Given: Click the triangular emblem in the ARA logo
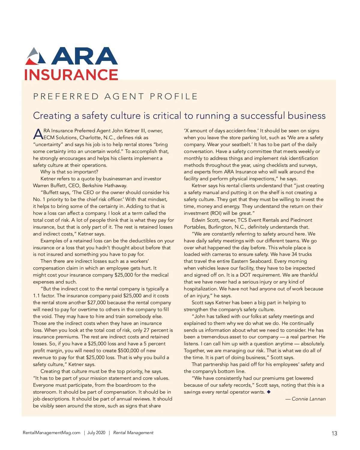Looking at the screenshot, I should point(36,56).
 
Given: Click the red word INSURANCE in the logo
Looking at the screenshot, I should point(71,75).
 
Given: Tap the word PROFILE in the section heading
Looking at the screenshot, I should point(174,96).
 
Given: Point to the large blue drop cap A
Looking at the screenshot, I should point(38,134).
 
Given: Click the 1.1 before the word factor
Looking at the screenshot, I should point(37,295).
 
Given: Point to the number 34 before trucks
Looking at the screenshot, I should point(294,254).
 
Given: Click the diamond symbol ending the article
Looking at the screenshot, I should point(268,392).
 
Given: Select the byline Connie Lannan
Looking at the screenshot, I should point(308,399).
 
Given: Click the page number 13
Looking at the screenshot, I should point(334,433).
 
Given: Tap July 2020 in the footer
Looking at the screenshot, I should point(96,433).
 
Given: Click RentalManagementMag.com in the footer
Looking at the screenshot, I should point(52,433).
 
